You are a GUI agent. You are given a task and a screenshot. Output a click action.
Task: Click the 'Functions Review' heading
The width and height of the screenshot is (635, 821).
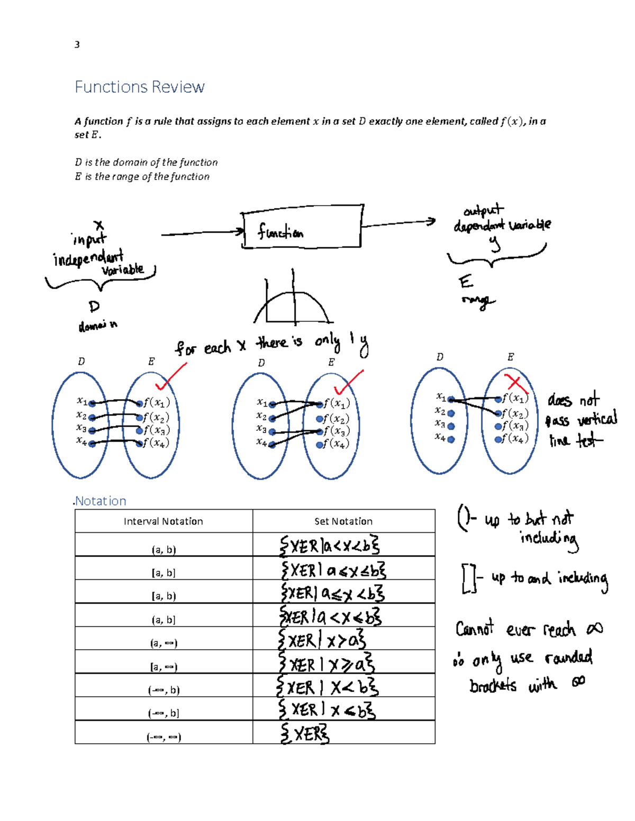click(139, 87)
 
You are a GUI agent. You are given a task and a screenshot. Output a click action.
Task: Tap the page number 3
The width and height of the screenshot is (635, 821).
click(77, 44)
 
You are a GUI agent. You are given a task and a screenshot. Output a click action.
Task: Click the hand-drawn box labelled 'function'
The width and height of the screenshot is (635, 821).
click(302, 227)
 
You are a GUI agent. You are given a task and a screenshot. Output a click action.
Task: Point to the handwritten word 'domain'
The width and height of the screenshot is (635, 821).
click(97, 326)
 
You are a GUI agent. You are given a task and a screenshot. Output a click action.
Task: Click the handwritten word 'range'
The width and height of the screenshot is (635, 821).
click(478, 301)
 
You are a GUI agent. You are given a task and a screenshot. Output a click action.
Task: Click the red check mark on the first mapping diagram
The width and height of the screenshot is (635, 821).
click(170, 377)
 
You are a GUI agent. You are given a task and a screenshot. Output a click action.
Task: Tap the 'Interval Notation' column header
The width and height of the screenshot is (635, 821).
click(163, 521)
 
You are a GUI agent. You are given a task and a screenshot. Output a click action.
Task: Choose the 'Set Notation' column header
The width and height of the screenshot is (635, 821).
click(343, 521)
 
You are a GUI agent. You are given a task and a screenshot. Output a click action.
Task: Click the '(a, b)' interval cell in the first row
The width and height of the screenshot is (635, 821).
click(164, 550)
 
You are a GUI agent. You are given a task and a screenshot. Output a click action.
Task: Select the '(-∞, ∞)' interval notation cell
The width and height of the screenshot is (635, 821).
click(164, 737)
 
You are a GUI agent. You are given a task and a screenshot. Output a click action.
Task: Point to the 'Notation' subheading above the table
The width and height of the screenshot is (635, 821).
click(101, 501)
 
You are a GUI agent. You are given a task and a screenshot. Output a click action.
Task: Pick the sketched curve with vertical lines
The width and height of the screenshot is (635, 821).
click(293, 304)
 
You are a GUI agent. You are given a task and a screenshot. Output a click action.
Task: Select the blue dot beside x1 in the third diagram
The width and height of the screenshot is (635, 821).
click(451, 400)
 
